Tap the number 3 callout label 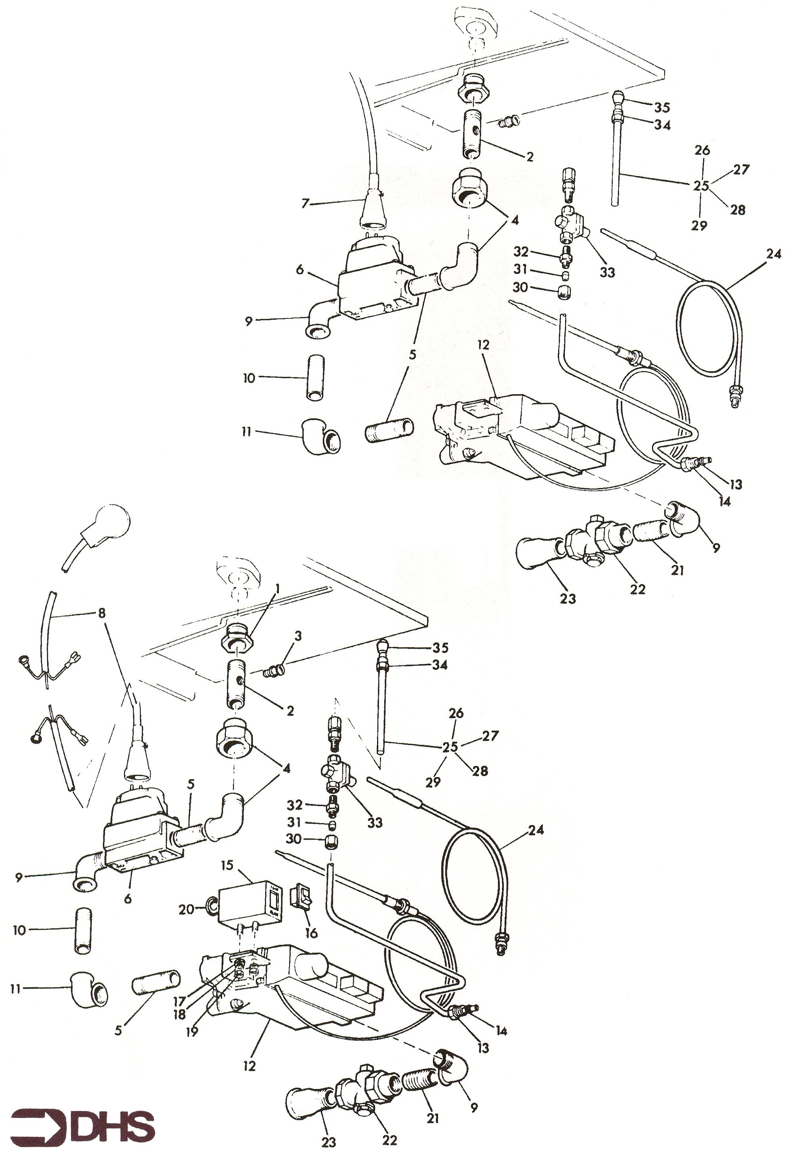coord(298,635)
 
